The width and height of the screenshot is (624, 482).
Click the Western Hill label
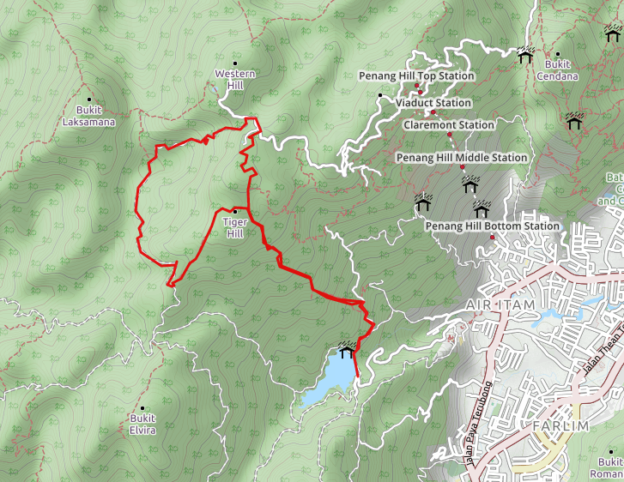tap(235, 80)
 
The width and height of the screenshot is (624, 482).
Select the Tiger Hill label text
tap(234, 227)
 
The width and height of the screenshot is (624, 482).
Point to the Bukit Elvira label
tap(142, 424)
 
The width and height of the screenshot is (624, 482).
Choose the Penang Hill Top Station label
tap(416, 76)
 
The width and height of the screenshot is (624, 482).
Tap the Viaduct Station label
tap(433, 103)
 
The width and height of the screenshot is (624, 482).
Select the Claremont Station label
tap(449, 125)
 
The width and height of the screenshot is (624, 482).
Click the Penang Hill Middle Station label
tap(461, 158)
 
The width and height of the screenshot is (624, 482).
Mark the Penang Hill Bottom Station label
tap(493, 226)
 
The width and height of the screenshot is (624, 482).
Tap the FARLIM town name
tap(560, 426)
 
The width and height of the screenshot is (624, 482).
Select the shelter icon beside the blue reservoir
tap(347, 351)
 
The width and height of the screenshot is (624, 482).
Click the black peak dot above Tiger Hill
tap(234, 210)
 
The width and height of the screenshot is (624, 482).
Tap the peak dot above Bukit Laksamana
tap(88, 99)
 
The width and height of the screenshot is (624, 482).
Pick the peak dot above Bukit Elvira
tap(142, 407)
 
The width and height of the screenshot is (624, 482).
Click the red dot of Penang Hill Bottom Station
tap(493, 238)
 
